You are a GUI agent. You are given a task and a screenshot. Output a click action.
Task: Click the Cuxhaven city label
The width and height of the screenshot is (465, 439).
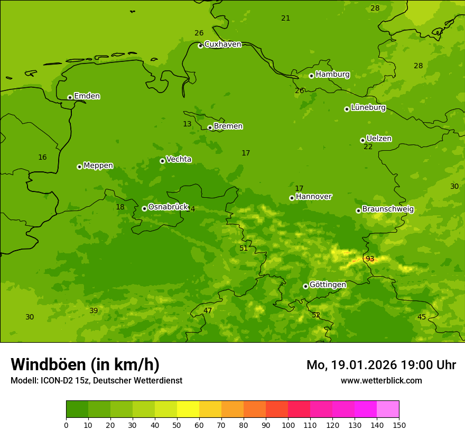[x=222, y=44]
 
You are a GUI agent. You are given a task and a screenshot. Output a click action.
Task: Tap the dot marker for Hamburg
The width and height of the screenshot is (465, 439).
[x=311, y=76]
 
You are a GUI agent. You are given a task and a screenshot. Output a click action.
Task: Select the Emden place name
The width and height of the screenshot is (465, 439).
[x=87, y=96]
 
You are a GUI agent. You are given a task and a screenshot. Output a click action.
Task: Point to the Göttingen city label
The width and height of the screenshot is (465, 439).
[x=328, y=285]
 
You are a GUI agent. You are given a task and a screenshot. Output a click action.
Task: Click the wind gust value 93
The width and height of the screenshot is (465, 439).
[x=370, y=259]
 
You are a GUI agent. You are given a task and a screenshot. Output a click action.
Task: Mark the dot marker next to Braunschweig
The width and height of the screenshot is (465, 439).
[x=358, y=211]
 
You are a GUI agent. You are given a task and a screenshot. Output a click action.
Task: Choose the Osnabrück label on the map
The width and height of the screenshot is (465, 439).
[x=168, y=207]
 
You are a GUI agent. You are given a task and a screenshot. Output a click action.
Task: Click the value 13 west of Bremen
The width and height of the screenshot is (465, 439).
[x=187, y=124]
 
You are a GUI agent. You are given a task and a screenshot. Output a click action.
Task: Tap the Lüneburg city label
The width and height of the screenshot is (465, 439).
[x=368, y=108]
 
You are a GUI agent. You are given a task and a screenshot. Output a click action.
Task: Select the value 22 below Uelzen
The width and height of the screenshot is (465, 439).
[x=368, y=147]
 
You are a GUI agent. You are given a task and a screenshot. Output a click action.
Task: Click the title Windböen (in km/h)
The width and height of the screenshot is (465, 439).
[x=85, y=364]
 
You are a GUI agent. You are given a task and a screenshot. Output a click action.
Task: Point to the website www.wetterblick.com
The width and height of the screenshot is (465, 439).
[x=381, y=381]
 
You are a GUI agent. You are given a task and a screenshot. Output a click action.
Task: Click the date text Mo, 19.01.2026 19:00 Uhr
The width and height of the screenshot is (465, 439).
[x=381, y=365]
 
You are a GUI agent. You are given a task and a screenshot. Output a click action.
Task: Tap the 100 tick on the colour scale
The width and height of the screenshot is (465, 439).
[x=288, y=425]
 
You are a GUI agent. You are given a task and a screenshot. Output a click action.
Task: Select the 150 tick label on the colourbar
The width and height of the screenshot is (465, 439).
[x=399, y=425]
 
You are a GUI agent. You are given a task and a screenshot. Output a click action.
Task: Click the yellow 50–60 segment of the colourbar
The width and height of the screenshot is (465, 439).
[x=188, y=409]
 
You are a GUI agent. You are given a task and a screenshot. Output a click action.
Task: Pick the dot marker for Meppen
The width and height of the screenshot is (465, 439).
[x=79, y=167]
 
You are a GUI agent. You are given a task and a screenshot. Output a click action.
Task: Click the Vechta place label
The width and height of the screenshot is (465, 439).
[x=179, y=159]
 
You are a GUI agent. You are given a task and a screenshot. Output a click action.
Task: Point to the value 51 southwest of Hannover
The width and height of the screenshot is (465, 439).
[x=244, y=249]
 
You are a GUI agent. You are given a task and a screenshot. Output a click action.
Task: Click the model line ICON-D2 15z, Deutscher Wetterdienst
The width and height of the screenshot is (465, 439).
[x=96, y=381]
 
